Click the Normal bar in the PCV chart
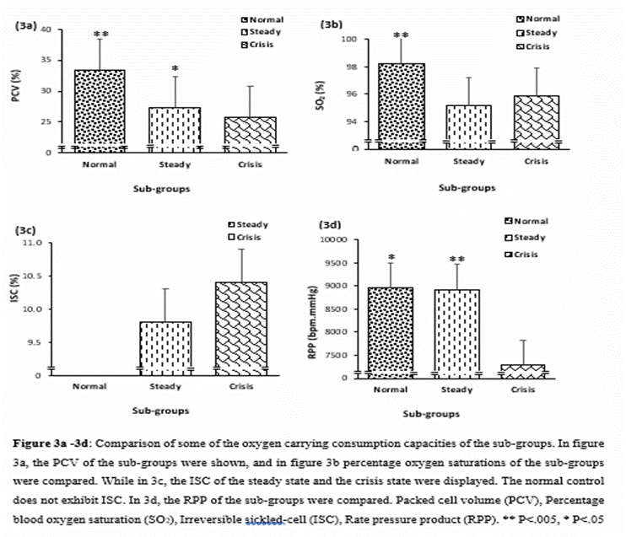(x=100, y=110)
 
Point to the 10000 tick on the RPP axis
(x=337, y=240)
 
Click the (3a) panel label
(x=25, y=26)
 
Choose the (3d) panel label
(x=329, y=225)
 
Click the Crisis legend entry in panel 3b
(x=537, y=46)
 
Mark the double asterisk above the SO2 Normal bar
(x=401, y=35)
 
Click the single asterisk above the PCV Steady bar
(x=174, y=69)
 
